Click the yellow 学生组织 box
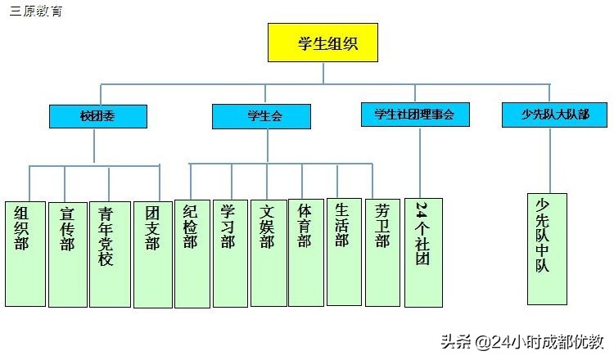click(x=323, y=43)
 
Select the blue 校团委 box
click(x=97, y=116)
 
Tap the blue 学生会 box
click(x=261, y=116)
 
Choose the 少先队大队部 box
click(x=555, y=115)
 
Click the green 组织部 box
click(x=24, y=254)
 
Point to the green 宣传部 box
click(x=67, y=254)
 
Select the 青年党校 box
click(x=109, y=254)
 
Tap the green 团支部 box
click(x=153, y=254)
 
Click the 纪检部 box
click(x=192, y=254)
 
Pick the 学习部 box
click(x=229, y=254)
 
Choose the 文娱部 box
click(x=268, y=254)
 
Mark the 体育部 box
click(x=305, y=254)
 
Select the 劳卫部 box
click(x=382, y=254)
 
